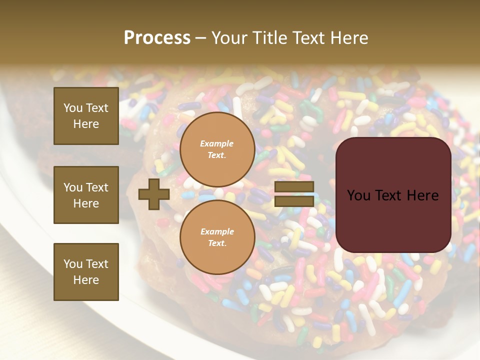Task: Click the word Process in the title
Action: coord(157,38)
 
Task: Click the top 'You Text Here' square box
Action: coord(86,116)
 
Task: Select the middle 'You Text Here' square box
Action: coord(86,195)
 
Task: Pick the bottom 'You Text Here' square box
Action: coord(86,271)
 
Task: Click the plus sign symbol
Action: coord(154,194)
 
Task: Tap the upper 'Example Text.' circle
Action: coord(217,149)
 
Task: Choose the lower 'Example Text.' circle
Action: coord(217,237)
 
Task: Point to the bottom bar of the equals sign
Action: coord(294,201)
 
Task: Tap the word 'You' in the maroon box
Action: coord(358,195)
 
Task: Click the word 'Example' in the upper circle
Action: coord(217,144)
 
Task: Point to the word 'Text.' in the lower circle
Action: coord(217,243)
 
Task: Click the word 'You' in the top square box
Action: coord(73,108)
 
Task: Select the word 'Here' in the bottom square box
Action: coord(86,280)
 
